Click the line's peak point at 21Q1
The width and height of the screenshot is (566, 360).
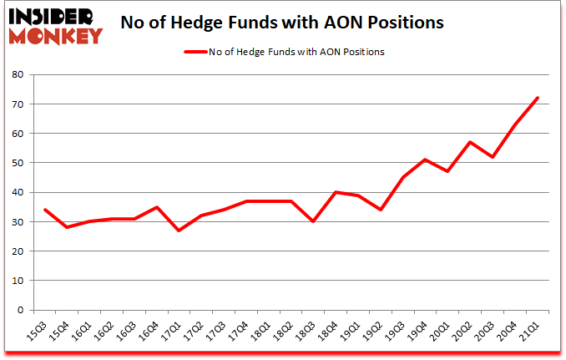[538, 98]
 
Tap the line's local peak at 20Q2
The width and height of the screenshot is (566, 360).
[470, 142]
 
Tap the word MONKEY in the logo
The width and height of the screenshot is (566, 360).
[56, 35]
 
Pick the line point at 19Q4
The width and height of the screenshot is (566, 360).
[425, 160]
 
